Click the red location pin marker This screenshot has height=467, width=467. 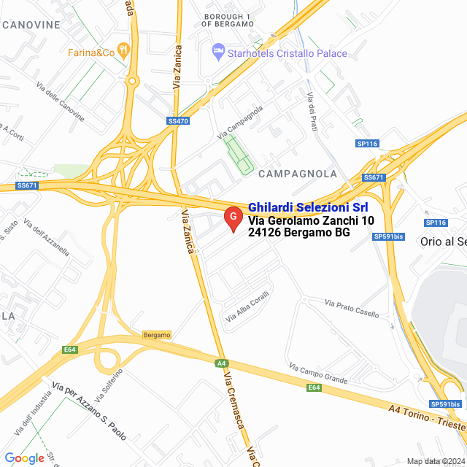tap(233, 218)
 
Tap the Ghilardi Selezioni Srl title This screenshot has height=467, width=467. tap(308, 207)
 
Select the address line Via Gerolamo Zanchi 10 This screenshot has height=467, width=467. tap(312, 220)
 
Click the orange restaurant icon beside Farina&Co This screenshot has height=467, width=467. tap(124, 52)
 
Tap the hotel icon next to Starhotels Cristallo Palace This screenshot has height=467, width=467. tap(217, 52)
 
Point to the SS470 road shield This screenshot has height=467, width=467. tap(178, 121)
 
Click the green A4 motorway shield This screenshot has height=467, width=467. tap(221, 363)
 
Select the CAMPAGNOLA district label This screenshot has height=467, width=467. tap(298, 174)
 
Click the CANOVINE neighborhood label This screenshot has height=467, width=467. tap(31, 25)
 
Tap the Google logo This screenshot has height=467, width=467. tap(24, 458)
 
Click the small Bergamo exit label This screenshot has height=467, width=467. tap(157, 335)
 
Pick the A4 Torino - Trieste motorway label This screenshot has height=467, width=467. tap(428, 419)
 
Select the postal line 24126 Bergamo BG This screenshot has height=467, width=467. tap(299, 233)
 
